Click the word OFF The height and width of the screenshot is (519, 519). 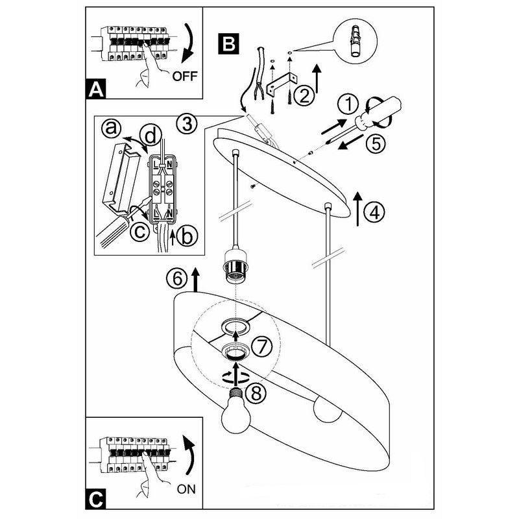[186, 76]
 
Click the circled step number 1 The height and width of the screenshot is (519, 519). [348, 104]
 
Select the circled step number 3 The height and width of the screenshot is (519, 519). [187, 123]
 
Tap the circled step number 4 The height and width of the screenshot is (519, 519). [374, 211]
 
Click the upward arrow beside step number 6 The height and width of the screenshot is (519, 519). [195, 279]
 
